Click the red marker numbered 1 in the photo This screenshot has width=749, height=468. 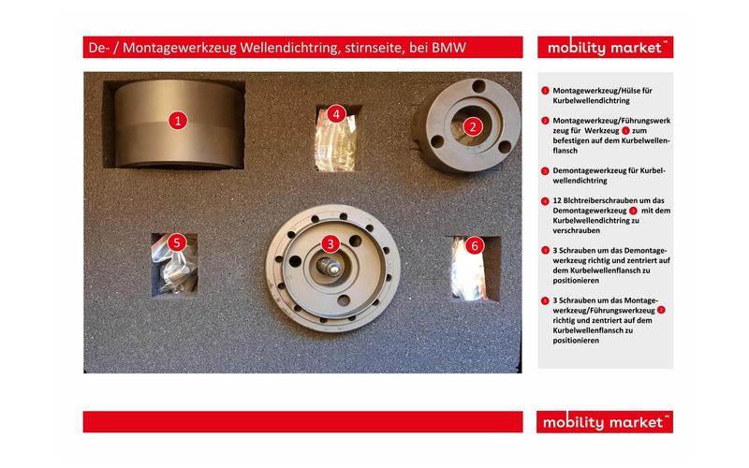tap(178, 120)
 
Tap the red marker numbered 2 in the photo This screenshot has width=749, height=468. tap(473, 126)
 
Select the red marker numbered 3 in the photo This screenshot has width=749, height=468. tap(330, 243)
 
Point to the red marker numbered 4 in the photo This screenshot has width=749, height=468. tap(337, 114)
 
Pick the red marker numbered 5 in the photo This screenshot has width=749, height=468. tap(176, 241)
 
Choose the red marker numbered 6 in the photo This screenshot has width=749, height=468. tap(474, 245)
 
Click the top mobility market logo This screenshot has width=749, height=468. tap(605, 48)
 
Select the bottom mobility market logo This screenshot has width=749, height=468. tap(605, 422)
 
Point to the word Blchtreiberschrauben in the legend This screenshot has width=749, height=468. tap(598, 200)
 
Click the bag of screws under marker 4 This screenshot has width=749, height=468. tap(337, 145)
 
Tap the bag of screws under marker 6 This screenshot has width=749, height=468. tap(473, 267)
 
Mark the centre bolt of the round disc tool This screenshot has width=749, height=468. tap(330, 266)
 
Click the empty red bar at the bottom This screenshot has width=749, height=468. tap(302, 422)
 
